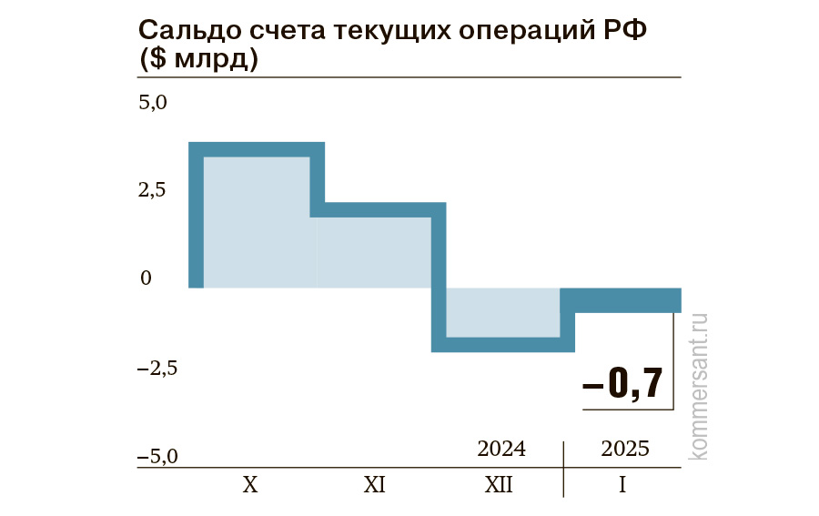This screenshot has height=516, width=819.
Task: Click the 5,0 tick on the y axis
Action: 153,103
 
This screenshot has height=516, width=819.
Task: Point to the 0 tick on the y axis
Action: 145,278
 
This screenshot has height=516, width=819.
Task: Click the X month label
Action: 251,485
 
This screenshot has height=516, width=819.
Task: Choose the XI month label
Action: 374,485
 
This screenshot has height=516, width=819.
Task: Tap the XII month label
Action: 499,485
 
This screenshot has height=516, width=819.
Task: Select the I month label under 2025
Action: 622,485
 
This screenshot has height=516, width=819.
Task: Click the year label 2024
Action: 501,449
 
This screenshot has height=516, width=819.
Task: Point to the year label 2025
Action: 625,449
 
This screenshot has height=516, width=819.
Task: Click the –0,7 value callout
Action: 623,384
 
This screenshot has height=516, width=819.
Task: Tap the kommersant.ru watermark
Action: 700,386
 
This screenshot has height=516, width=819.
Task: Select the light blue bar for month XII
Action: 502,312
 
